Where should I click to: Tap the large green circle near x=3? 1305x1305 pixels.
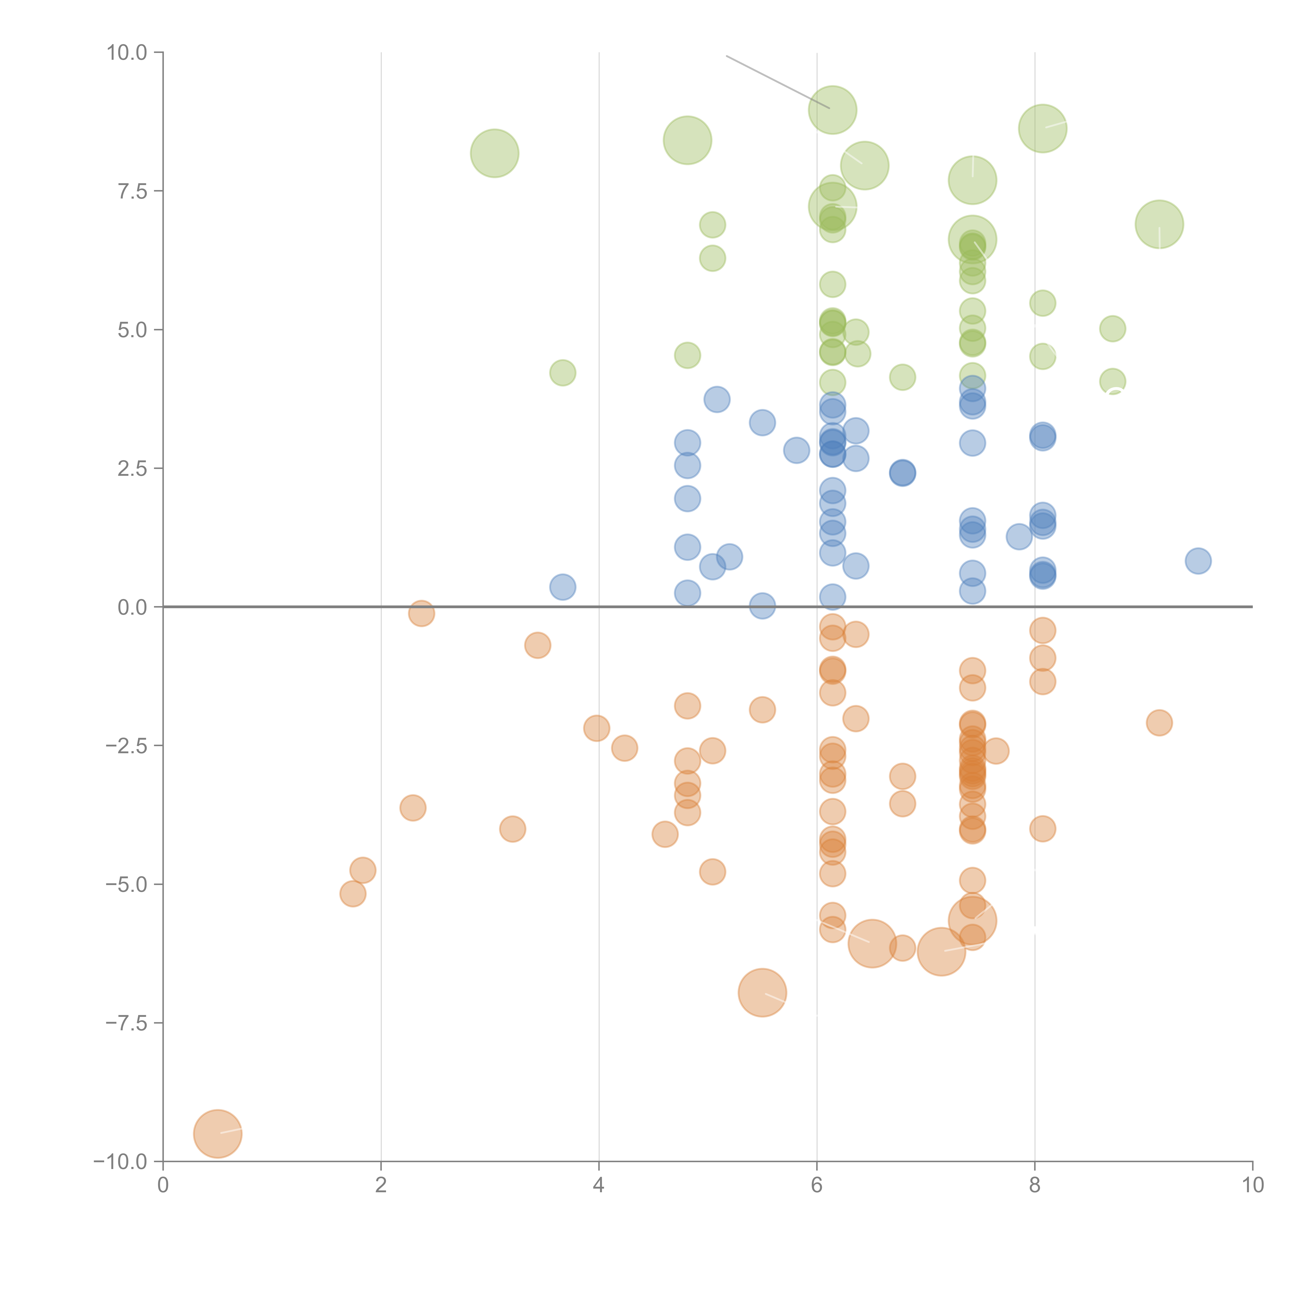pyautogui.click(x=494, y=153)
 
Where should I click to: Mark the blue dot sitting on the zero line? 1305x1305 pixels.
pyautogui.click(x=762, y=606)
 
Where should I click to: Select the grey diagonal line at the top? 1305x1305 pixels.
pyautogui.click(x=777, y=81)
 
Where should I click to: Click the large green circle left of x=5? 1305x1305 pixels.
pyautogui.click(x=687, y=140)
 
